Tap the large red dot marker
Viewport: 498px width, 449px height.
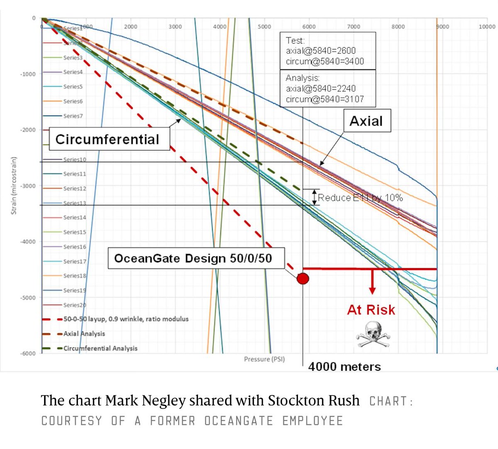(303, 279)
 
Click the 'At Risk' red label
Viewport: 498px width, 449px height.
(371, 310)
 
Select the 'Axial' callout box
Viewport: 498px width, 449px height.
(366, 121)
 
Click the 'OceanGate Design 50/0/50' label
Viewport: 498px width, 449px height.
(193, 258)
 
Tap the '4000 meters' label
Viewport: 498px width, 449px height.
(344, 367)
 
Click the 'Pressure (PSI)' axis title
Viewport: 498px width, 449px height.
(264, 359)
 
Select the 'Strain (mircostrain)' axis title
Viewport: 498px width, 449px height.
(14, 185)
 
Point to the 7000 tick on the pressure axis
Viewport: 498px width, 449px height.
(354, 27)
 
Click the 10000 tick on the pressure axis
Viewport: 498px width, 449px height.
(487, 27)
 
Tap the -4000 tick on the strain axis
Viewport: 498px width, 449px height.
(29, 242)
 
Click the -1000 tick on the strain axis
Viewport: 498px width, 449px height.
(29, 74)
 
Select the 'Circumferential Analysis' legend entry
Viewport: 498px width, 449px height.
(100, 348)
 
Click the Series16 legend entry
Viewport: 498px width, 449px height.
(75, 247)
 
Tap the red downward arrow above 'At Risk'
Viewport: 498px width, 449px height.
(372, 282)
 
